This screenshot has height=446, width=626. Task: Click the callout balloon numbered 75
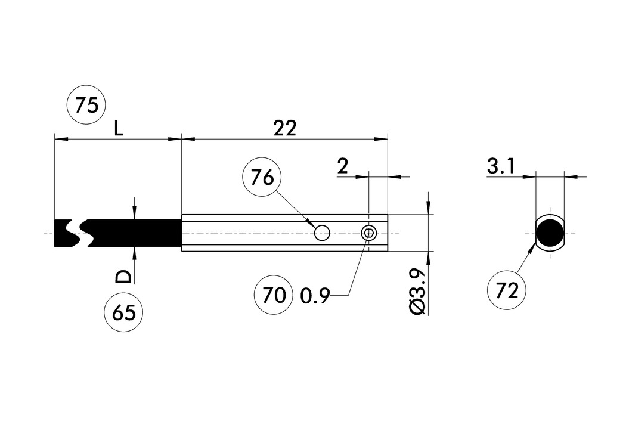[86, 106]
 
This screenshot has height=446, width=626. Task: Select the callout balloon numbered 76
[262, 178]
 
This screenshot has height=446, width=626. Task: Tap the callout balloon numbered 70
[274, 295]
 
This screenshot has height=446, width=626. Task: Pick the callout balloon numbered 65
[123, 313]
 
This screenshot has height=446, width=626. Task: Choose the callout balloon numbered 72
[507, 290]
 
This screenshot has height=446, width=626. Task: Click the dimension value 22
[284, 128]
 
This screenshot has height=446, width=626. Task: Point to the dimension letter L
[119, 128]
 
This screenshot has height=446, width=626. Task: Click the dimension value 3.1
[500, 167]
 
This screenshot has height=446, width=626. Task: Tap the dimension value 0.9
[315, 296]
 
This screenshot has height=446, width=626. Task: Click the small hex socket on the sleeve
[369, 233]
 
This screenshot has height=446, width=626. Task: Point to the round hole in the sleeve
[323, 233]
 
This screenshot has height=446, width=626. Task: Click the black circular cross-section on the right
[549, 233]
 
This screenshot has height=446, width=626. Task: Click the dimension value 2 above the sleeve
[342, 166]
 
